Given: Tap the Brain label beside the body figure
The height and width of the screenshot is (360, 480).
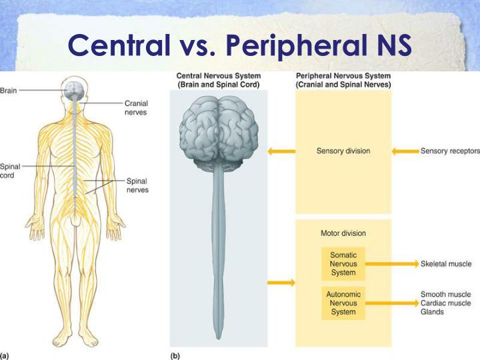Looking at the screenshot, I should [x=9, y=90].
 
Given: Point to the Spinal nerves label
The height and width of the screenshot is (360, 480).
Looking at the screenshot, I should [x=137, y=185].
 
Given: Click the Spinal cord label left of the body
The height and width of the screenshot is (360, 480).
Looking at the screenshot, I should [x=10, y=171].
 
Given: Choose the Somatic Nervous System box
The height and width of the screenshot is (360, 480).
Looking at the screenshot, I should [x=343, y=263].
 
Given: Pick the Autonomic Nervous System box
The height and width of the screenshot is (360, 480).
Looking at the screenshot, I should [x=343, y=303].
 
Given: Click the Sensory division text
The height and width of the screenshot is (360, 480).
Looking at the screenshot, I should [x=343, y=151].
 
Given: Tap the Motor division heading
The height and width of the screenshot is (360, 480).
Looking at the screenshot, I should [x=343, y=233].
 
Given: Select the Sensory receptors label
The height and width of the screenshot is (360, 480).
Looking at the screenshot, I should [x=450, y=151].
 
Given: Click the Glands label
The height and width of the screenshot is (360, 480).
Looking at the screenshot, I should [x=432, y=312].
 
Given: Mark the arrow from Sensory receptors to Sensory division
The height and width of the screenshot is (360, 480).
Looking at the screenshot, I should [x=404, y=151].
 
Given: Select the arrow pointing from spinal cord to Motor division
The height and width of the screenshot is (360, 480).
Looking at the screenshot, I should [x=281, y=283].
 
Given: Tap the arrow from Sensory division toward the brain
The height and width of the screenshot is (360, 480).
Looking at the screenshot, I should [x=281, y=151].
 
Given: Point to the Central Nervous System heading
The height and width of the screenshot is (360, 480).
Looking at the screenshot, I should [x=218, y=80].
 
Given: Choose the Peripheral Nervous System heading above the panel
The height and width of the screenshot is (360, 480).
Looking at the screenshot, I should [x=343, y=80].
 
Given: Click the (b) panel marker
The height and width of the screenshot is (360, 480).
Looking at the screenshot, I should [x=175, y=355].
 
